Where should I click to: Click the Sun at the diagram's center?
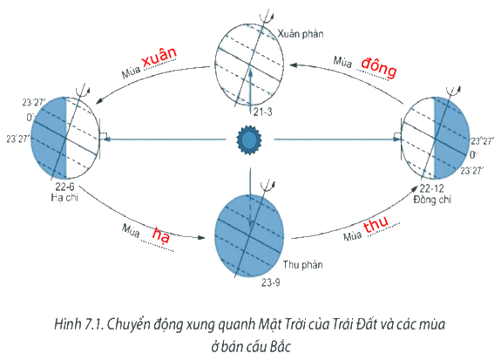(x=249, y=139)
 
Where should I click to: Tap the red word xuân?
(x=159, y=57)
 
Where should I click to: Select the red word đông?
(x=379, y=67)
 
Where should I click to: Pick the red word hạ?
(x=160, y=234)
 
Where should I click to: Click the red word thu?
(x=376, y=224)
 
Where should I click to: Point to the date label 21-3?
(x=262, y=112)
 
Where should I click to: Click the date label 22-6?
(x=64, y=187)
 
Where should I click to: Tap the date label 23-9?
(x=271, y=282)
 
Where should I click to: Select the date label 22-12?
(x=431, y=188)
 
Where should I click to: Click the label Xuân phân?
(x=301, y=34)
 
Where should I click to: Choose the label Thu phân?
(x=302, y=265)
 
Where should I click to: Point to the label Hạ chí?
(x=64, y=197)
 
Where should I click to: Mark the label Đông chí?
(x=432, y=200)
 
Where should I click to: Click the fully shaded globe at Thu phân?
(x=249, y=235)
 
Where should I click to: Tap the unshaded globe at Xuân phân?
(x=249, y=65)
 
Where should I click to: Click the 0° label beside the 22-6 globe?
(x=30, y=118)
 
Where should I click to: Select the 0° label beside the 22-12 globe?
(x=473, y=155)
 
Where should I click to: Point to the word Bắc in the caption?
(x=280, y=346)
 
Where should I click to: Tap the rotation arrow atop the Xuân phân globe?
(x=266, y=17)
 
